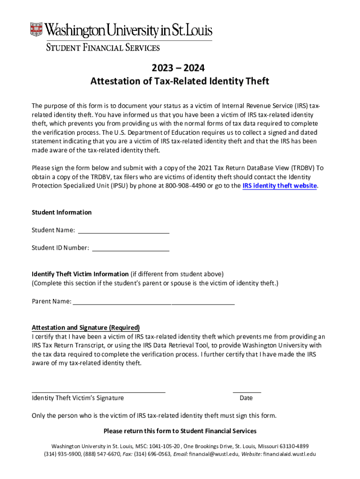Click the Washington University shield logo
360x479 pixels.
click(x=36, y=29)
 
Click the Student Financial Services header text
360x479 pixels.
click(x=102, y=47)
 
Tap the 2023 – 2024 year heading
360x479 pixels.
click(x=180, y=68)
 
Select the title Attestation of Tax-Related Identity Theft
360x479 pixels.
click(x=180, y=81)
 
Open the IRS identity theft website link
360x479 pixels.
click(x=279, y=186)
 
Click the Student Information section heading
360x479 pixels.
click(x=61, y=212)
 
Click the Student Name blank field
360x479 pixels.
click(x=123, y=230)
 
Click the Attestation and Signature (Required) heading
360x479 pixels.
click(x=86, y=327)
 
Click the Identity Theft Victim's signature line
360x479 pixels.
click(x=98, y=392)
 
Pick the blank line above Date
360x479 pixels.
click(x=247, y=392)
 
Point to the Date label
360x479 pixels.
click(x=246, y=398)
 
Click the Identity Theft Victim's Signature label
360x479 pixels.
click(x=78, y=398)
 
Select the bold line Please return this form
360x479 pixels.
click(x=180, y=431)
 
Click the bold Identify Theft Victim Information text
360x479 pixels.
click(x=80, y=274)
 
